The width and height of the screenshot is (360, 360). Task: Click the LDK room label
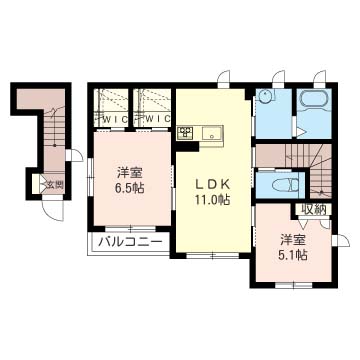click(x=212, y=185)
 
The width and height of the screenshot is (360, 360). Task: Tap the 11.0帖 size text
click(x=213, y=200)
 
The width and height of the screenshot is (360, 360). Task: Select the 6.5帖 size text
click(x=130, y=189)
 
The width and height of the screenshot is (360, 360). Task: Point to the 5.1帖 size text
click(x=294, y=255)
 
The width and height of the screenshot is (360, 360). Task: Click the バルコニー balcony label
click(x=130, y=242)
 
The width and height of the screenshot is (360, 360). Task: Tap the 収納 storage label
click(x=313, y=209)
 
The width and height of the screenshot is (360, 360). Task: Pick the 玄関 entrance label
click(x=55, y=184)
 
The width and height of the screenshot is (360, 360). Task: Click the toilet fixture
click(x=286, y=185)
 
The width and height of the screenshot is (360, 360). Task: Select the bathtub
click(x=315, y=99)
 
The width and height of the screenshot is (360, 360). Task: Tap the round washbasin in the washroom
click(x=265, y=96)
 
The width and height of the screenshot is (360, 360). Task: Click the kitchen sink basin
click(x=211, y=134)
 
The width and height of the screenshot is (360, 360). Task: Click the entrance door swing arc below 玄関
click(x=54, y=211)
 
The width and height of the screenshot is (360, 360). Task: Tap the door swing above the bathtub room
click(x=319, y=76)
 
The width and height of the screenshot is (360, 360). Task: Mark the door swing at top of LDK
click(x=223, y=76)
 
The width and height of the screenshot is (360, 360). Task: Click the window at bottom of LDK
click(x=212, y=256)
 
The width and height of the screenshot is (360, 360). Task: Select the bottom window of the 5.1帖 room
click(x=293, y=285)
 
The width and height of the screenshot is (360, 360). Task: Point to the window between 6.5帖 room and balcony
click(x=131, y=229)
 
